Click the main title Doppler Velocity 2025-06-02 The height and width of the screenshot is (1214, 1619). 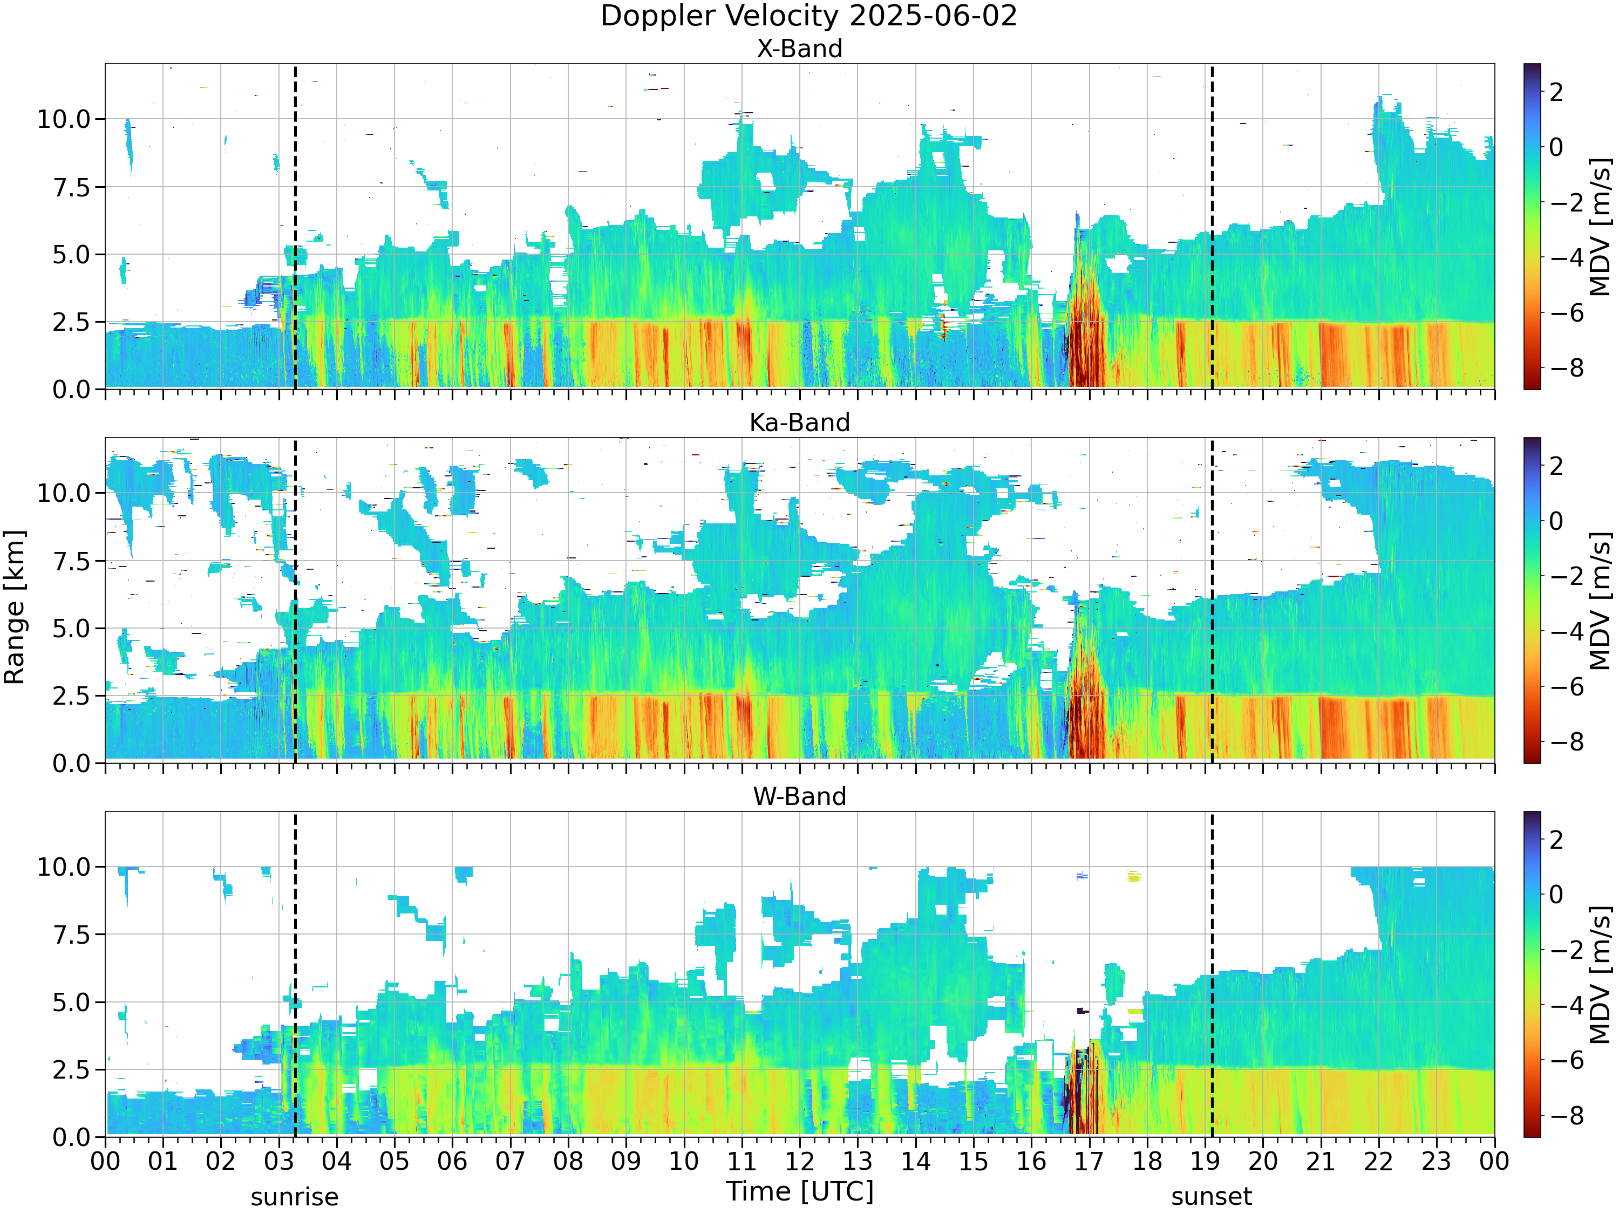[809, 16]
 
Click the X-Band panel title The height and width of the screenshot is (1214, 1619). [799, 49]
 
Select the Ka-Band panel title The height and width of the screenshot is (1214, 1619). [799, 423]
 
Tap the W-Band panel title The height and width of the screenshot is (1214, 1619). [799, 797]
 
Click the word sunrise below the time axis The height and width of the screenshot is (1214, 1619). [295, 1198]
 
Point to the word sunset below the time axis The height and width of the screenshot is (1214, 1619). [1212, 1198]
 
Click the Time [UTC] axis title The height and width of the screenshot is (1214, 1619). [800, 1192]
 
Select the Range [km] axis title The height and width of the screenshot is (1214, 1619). [15, 608]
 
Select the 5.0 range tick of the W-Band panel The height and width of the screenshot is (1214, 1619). [73, 1002]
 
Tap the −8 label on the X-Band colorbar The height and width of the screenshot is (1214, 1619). [1566, 368]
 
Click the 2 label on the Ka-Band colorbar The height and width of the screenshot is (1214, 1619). [1557, 466]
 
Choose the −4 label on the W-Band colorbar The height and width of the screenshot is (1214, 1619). [1566, 1005]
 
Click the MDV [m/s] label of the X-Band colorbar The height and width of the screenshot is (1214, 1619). [1600, 227]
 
